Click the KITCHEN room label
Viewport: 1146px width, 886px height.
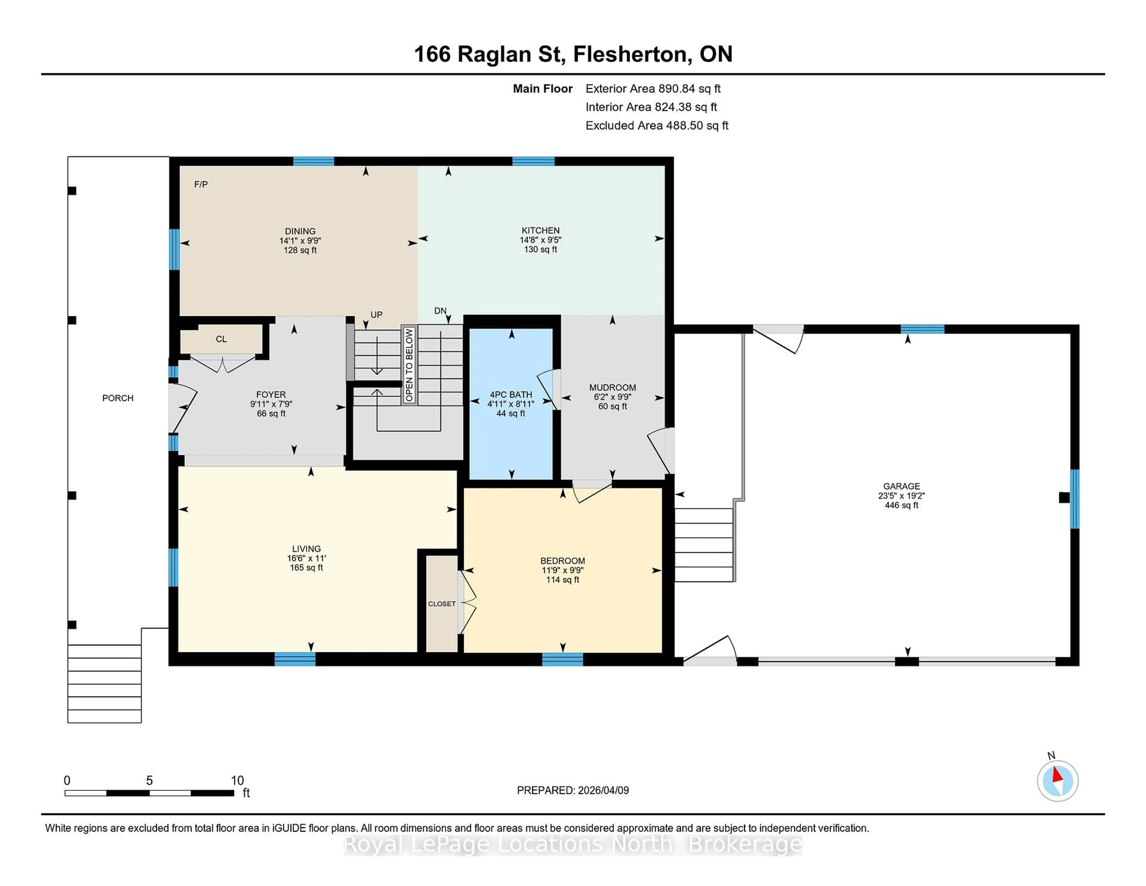tap(540, 230)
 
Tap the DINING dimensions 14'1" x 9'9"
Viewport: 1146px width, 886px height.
tap(300, 240)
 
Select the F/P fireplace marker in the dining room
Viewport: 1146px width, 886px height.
tap(201, 184)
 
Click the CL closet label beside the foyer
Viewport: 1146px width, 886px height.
tap(221, 339)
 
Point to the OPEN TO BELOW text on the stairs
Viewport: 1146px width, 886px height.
tap(409, 365)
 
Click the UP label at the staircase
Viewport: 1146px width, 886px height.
tap(376, 314)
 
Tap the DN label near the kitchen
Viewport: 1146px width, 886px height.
tap(440, 311)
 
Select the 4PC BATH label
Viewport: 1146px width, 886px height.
tap(511, 394)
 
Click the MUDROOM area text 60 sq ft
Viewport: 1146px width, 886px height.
tap(612, 406)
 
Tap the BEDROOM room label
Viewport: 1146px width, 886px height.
tap(563, 561)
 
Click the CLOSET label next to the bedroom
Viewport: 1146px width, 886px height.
tap(441, 604)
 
